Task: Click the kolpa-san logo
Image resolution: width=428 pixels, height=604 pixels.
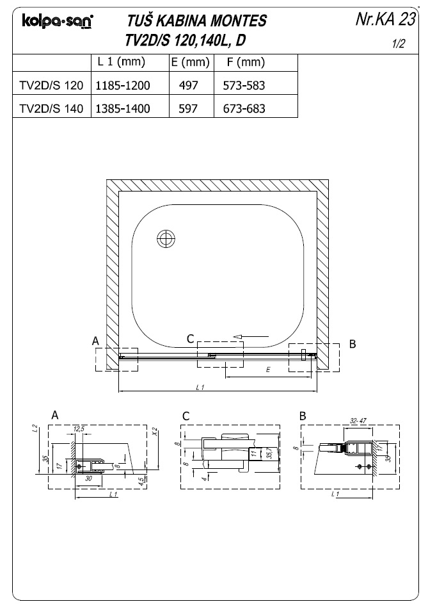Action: (58, 22)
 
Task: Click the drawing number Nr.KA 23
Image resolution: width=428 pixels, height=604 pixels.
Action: (386, 19)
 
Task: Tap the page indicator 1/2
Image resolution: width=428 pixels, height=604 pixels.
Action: (399, 44)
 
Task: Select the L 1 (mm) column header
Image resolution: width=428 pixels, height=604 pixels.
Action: (122, 61)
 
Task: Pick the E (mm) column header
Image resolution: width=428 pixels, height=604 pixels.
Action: (191, 62)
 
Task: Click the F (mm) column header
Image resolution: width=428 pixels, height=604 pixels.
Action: (246, 62)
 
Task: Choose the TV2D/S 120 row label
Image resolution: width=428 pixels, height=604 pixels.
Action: (52, 85)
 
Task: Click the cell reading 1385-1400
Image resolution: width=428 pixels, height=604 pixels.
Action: (123, 109)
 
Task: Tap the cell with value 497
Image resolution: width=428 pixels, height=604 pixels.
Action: (188, 85)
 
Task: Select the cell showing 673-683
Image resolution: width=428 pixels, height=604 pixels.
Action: (244, 109)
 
